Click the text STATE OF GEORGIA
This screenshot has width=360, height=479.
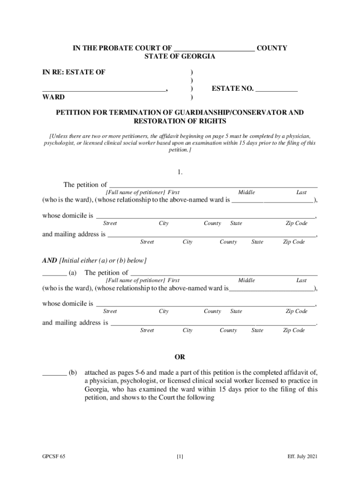pos(180,57)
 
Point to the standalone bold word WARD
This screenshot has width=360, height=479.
pos(53,97)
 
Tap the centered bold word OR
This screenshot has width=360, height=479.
pos(180,357)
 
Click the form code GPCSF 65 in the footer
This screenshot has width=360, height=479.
pos(54,457)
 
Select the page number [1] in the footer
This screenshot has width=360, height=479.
pos(180,457)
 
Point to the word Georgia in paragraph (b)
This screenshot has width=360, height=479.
pos(97,389)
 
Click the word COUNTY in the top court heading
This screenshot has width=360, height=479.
pos(272,48)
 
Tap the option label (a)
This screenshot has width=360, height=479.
pos(72,273)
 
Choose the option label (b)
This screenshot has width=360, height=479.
pos(72,373)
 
